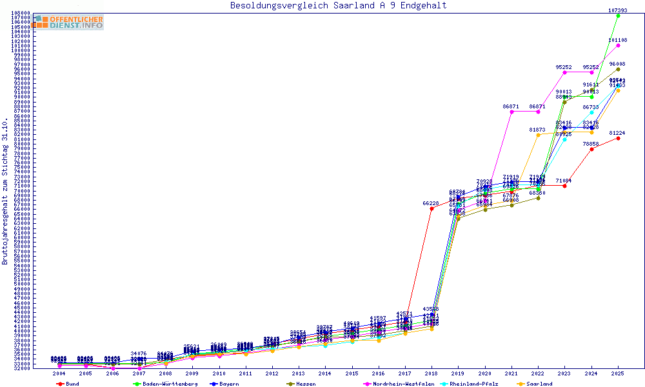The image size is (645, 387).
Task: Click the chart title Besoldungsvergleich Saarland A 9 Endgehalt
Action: [x=338, y=6]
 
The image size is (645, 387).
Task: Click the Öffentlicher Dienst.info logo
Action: [x=68, y=22]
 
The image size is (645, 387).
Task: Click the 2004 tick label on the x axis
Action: [x=59, y=373]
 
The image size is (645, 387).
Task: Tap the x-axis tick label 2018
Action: [x=432, y=373]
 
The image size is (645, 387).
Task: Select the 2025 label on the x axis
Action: [x=618, y=373]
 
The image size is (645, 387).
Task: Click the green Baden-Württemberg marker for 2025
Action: [x=618, y=15]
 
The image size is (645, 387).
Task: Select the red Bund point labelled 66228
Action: [x=432, y=208]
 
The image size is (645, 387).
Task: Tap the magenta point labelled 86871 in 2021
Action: [x=511, y=112]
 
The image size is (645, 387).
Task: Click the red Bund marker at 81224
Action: [x=618, y=138]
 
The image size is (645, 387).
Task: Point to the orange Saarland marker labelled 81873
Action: [x=538, y=135]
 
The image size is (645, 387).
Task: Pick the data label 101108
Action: [x=618, y=40]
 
